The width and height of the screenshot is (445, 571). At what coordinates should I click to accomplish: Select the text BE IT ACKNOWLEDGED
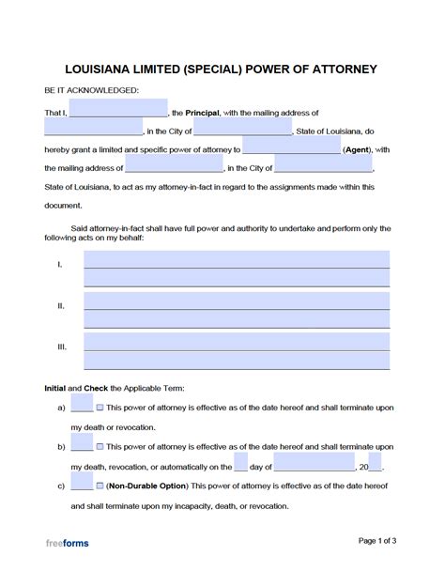click(91, 90)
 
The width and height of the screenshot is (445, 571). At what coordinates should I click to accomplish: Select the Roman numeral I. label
click(61, 265)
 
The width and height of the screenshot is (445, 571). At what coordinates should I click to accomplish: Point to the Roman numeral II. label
click(61, 305)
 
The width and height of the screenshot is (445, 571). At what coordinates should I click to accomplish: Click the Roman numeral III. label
click(62, 347)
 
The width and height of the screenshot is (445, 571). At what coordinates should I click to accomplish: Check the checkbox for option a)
click(100, 408)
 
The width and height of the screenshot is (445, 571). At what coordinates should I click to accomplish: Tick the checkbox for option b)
click(100, 446)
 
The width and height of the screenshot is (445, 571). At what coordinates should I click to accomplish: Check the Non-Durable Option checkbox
click(100, 486)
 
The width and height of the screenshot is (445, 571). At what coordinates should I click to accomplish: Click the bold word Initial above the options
click(56, 388)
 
